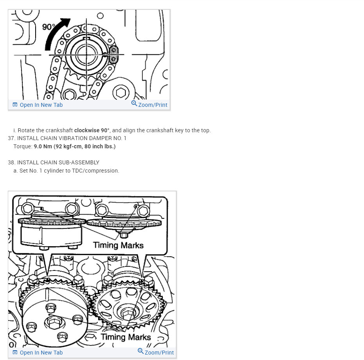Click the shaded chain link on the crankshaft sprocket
[x=113, y=55]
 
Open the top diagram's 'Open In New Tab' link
[x=38, y=105]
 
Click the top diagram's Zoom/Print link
[x=149, y=104]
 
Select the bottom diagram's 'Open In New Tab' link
[x=38, y=353]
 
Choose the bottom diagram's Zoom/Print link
[x=156, y=352]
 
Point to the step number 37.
[x=11, y=138]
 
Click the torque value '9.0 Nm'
[x=43, y=146]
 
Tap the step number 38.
[x=11, y=162]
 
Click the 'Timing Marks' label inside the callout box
[x=118, y=245]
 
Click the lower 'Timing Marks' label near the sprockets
[x=126, y=337]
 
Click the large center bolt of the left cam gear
[x=54, y=323]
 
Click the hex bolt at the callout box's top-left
[x=28, y=209]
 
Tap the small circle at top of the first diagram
[x=100, y=16]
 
